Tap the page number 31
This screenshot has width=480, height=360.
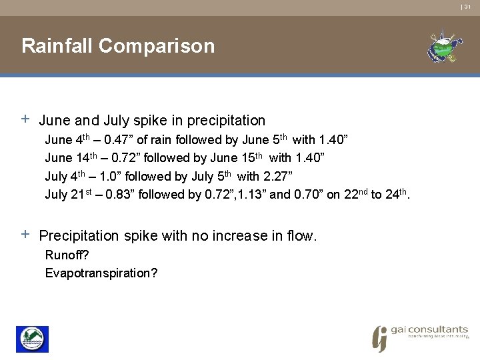coord(467,7)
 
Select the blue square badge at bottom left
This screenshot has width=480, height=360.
coord(32,339)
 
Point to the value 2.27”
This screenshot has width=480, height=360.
coord(278,177)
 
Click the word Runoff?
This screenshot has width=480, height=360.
coord(67,255)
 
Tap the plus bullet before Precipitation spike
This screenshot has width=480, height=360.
coord(25,235)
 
